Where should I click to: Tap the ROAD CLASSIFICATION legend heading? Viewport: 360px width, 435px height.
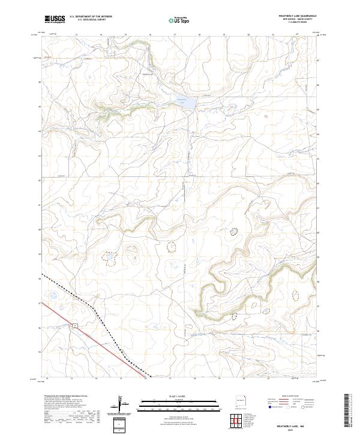coord(291,397)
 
